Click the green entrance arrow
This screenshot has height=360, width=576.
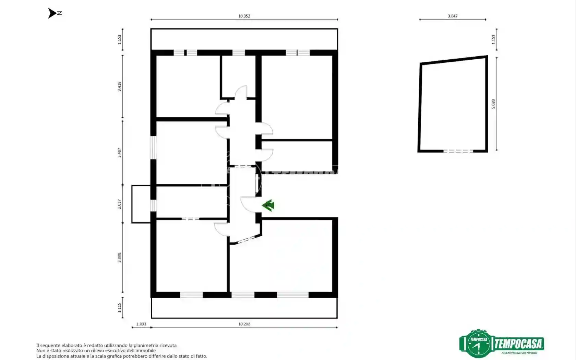268,205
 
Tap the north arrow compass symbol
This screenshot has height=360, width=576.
52,13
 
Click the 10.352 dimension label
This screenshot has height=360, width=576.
244,16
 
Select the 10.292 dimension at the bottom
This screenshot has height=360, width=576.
244,324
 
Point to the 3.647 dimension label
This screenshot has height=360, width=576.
453,16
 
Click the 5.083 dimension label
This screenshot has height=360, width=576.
493,104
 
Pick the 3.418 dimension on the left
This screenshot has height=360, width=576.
119,86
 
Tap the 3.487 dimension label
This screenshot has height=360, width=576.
119,153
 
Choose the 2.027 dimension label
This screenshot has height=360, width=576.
119,204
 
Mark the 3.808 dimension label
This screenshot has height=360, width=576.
119,257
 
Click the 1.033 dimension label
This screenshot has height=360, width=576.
141,324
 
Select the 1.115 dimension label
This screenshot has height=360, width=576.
119,308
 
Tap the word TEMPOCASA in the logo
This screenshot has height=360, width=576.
518,343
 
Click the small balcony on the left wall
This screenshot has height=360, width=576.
141,204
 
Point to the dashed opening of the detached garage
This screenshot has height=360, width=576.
458,151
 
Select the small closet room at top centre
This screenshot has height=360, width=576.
238,76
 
